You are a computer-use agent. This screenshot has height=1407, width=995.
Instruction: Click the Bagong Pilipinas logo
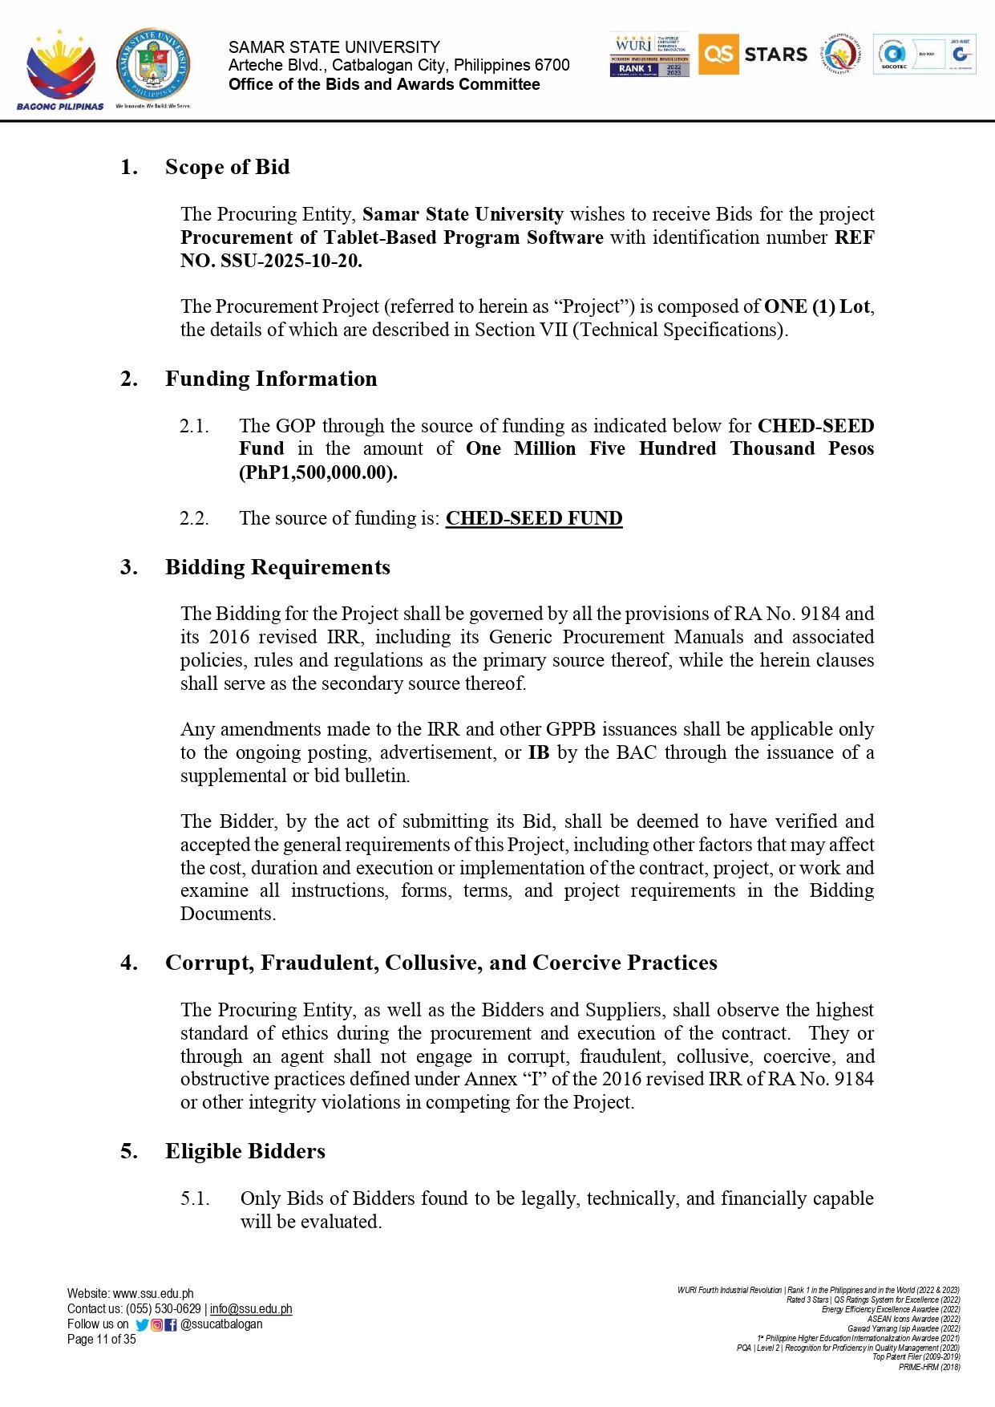coord(60,69)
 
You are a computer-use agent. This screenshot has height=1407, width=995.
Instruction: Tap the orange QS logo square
coord(718,54)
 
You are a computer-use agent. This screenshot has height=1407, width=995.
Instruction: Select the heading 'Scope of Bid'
coord(227,167)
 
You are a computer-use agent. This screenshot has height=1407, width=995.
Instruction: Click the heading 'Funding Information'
coord(271,379)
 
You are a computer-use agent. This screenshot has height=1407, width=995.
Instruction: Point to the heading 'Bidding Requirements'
coord(277,567)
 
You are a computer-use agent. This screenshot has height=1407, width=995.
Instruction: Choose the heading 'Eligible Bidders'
coord(245,1151)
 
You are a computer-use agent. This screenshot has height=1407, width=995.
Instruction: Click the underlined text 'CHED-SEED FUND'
coord(534,518)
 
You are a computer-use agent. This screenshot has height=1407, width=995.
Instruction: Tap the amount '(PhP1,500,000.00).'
coord(318,472)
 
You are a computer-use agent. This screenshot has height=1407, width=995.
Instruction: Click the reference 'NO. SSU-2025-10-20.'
coord(271,261)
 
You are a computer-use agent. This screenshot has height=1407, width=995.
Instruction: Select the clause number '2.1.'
coord(194,426)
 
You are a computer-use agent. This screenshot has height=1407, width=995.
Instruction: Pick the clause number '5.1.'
coord(195,1198)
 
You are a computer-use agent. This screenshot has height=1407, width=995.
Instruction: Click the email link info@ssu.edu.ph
coord(251,1308)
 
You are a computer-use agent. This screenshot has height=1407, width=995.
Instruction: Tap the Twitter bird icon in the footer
coord(142,1324)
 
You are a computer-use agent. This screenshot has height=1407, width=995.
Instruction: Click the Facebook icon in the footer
coord(170,1324)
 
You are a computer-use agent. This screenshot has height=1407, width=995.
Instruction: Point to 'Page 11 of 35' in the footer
coord(102,1339)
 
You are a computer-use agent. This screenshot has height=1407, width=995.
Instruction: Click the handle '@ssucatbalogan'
coord(221,1324)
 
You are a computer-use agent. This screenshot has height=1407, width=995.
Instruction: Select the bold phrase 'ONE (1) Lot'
coord(817,306)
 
